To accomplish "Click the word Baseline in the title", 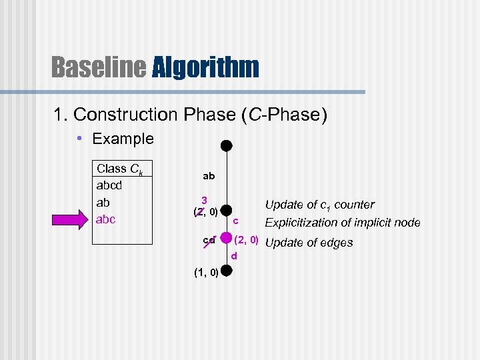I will (98, 67).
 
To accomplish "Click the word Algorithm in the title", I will (205, 67).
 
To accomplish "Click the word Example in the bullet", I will (123, 139).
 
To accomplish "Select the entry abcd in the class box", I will (113, 186).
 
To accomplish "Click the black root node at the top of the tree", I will (227, 145).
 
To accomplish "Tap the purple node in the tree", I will (227, 238).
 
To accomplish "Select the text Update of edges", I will (309, 243).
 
